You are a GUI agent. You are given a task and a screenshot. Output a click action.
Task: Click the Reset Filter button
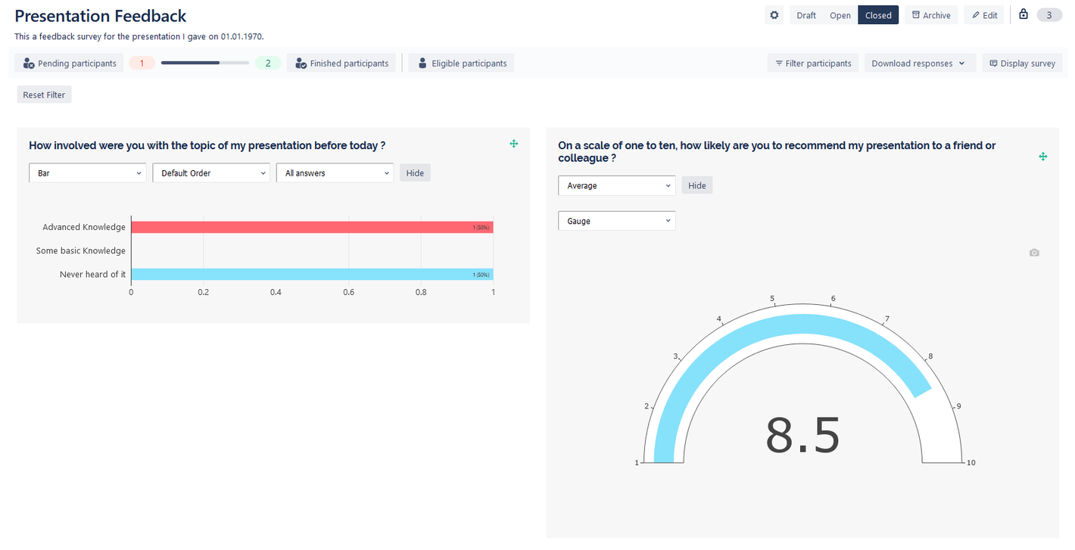pos(44,95)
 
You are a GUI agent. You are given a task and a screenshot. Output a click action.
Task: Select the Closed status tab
pos(878,15)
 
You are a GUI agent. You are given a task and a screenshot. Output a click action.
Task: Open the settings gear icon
pos(774,15)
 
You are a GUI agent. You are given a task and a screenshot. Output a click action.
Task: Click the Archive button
pos(930,15)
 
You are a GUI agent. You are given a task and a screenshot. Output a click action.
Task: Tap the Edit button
pos(984,15)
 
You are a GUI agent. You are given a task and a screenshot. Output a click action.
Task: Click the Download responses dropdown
pos(918,64)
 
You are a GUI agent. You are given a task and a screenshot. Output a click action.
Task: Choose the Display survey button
pos(1022,64)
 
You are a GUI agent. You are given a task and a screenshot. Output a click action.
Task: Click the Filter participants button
pos(813,64)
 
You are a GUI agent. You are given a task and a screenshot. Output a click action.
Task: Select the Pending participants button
pos(70,64)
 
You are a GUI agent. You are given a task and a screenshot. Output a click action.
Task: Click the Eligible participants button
pos(461,64)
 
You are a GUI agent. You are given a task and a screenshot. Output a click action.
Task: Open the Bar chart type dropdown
pos(88,173)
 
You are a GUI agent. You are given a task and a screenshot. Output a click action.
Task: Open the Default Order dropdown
pos(211,173)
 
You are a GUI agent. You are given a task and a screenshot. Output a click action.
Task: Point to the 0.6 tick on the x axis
pos(348,292)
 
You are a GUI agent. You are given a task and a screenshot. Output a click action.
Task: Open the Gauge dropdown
pos(616,221)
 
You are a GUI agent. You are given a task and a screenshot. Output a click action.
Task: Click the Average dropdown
pos(616,185)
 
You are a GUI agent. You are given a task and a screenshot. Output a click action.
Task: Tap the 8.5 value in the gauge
pos(802,436)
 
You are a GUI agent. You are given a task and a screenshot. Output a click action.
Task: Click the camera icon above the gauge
pos(1034,253)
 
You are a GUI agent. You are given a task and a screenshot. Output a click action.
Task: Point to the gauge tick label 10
pos(971,462)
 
